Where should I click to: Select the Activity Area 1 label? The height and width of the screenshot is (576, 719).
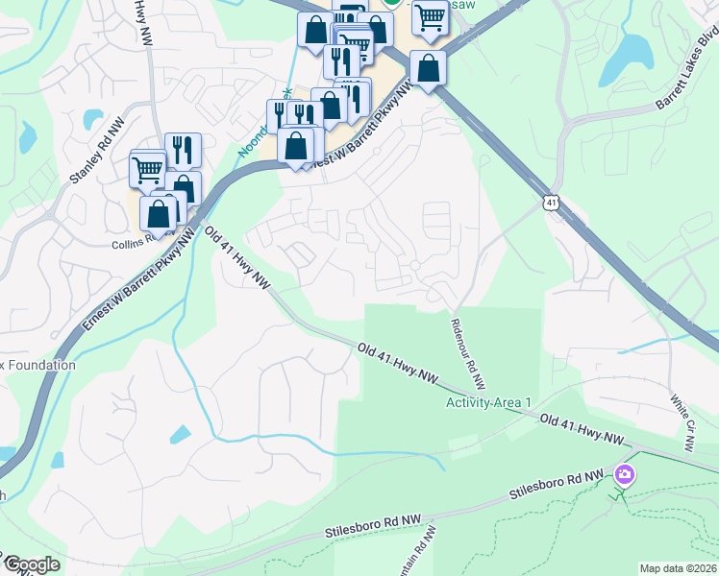click(x=488, y=402)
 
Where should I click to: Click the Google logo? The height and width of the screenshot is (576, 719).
click(x=31, y=565)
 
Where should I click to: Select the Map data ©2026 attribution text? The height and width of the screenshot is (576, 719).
click(x=677, y=568)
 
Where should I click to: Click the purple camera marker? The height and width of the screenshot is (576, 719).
click(x=625, y=474)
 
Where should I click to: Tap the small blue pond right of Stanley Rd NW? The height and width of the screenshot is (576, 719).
click(x=93, y=119)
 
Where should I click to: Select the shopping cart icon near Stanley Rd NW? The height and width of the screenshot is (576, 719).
click(x=148, y=170)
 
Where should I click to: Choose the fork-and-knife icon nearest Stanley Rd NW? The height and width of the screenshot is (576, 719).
click(x=183, y=150)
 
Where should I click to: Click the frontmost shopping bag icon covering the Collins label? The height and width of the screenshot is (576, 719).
click(x=159, y=213)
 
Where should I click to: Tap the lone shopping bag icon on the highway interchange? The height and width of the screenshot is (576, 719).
click(x=428, y=69)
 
